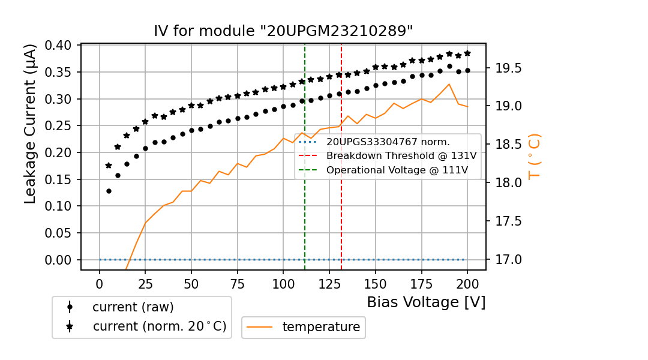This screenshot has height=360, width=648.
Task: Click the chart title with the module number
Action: click(283, 31)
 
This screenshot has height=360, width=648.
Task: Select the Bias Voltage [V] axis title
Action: click(426, 302)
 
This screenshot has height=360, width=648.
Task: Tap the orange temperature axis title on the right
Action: click(533, 156)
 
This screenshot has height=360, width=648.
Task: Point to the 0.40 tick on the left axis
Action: click(58, 46)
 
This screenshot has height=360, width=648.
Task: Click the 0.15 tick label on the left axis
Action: click(58, 179)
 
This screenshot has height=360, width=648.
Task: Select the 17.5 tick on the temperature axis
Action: click(508, 221)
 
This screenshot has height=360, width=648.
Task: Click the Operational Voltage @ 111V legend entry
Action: click(397, 170)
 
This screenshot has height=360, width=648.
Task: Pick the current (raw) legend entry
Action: click(133, 307)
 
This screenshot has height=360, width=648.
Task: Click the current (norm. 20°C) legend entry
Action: click(159, 327)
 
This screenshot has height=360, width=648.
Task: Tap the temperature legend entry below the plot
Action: click(321, 327)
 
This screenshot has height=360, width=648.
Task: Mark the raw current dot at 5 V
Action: click(109, 191)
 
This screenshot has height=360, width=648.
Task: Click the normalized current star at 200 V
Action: click(467, 53)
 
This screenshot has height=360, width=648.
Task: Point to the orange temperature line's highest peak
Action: click(449, 84)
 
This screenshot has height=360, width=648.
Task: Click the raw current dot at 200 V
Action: click(467, 70)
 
